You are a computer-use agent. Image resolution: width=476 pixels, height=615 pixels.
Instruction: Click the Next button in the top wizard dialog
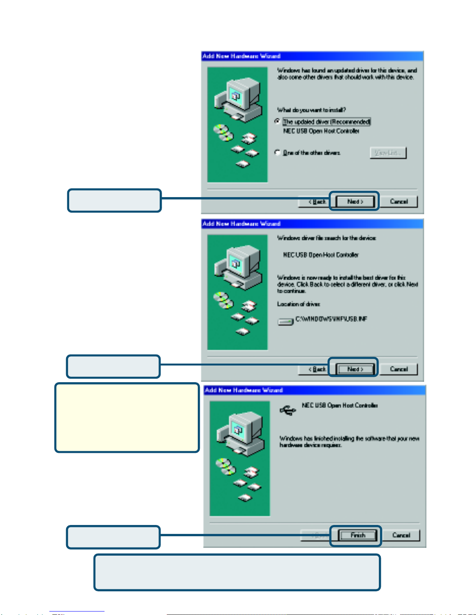pyautogui.click(x=355, y=202)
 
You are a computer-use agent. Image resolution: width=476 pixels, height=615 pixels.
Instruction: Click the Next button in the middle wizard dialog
pyautogui.click(x=355, y=369)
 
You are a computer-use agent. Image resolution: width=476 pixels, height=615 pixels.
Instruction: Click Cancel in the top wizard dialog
pyautogui.click(x=399, y=202)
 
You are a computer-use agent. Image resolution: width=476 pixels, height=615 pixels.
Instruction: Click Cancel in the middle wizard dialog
pyautogui.click(x=399, y=369)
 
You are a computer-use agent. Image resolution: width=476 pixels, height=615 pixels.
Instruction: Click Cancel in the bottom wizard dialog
pyautogui.click(x=401, y=535)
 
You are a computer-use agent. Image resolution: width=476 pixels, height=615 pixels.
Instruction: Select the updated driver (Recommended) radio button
pyautogui.click(x=277, y=121)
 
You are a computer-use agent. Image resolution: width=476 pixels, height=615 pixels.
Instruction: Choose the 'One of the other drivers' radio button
pyautogui.click(x=277, y=152)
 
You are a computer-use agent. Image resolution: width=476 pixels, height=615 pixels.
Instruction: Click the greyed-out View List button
pyautogui.click(x=388, y=153)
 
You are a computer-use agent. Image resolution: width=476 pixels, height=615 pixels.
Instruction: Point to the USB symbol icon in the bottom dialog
pyautogui.click(x=288, y=410)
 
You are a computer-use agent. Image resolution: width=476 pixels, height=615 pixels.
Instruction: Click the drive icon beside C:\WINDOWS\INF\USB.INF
pyautogui.click(x=285, y=322)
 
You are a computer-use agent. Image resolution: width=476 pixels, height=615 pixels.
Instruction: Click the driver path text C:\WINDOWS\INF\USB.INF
pyautogui.click(x=331, y=319)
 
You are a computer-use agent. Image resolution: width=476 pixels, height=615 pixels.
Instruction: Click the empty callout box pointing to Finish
pyautogui.click(x=113, y=537)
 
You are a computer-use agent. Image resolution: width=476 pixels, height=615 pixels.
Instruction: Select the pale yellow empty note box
pyautogui.click(x=127, y=418)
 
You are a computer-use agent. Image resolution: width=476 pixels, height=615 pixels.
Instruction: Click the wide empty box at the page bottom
pyautogui.click(x=237, y=572)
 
